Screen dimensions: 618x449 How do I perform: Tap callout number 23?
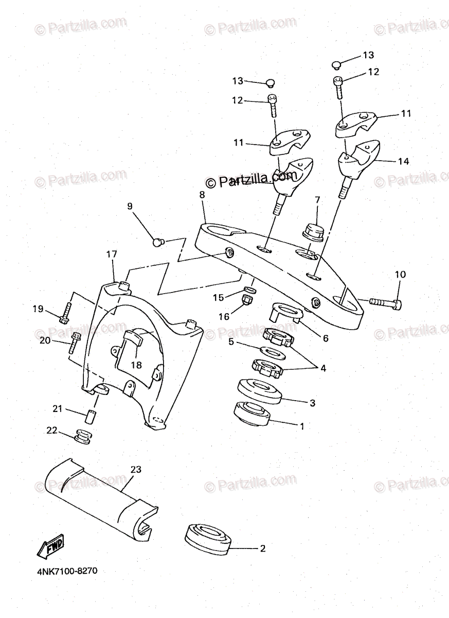pos(135,469)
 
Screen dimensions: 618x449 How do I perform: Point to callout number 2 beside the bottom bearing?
pos(262,548)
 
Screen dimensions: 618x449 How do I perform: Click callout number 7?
pos(317,199)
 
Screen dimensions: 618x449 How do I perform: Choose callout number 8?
pos(202,195)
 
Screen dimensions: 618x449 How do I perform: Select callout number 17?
pos(112,254)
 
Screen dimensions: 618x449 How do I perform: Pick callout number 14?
pos(404,161)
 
